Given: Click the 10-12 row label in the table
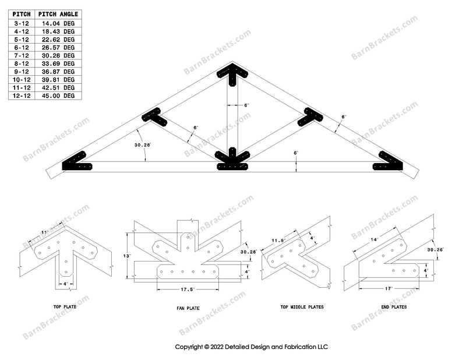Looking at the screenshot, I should [x=20, y=79].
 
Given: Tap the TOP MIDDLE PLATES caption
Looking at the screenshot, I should [x=302, y=306].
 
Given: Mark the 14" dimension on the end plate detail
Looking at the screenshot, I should [x=373, y=239].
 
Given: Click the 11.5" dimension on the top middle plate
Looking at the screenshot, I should [x=278, y=240].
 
